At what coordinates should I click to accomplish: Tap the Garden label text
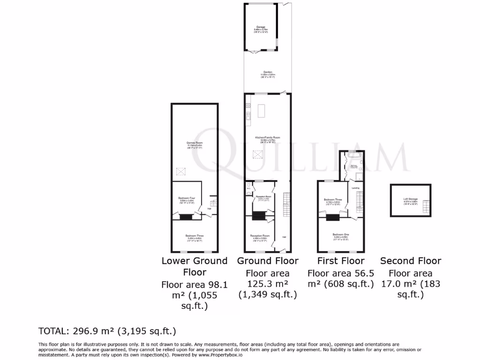268,73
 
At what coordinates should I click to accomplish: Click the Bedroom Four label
186,199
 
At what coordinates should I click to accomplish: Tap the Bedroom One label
341,235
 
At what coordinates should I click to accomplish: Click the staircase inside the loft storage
426,206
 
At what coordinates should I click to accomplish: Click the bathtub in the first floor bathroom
354,154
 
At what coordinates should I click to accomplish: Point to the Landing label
356,188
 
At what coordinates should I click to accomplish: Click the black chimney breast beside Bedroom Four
186,217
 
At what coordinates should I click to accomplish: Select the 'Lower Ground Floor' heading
195,266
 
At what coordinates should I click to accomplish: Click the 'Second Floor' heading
411,261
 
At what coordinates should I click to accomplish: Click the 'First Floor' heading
341,261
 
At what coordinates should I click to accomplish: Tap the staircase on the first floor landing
360,202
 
